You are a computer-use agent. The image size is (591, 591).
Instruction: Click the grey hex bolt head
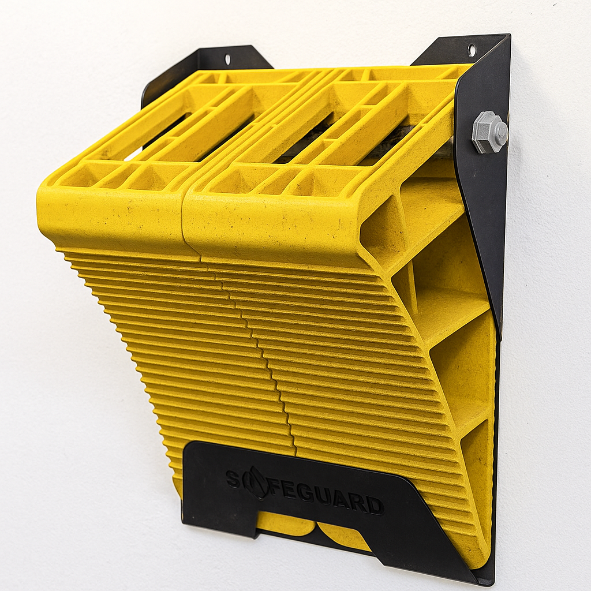489,132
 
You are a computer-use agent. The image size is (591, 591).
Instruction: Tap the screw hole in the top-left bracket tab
227,59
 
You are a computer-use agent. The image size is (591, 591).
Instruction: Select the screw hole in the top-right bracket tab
472,50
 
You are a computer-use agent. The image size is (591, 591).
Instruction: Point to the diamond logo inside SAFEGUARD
256,482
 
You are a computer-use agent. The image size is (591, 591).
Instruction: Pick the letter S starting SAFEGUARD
233,478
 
